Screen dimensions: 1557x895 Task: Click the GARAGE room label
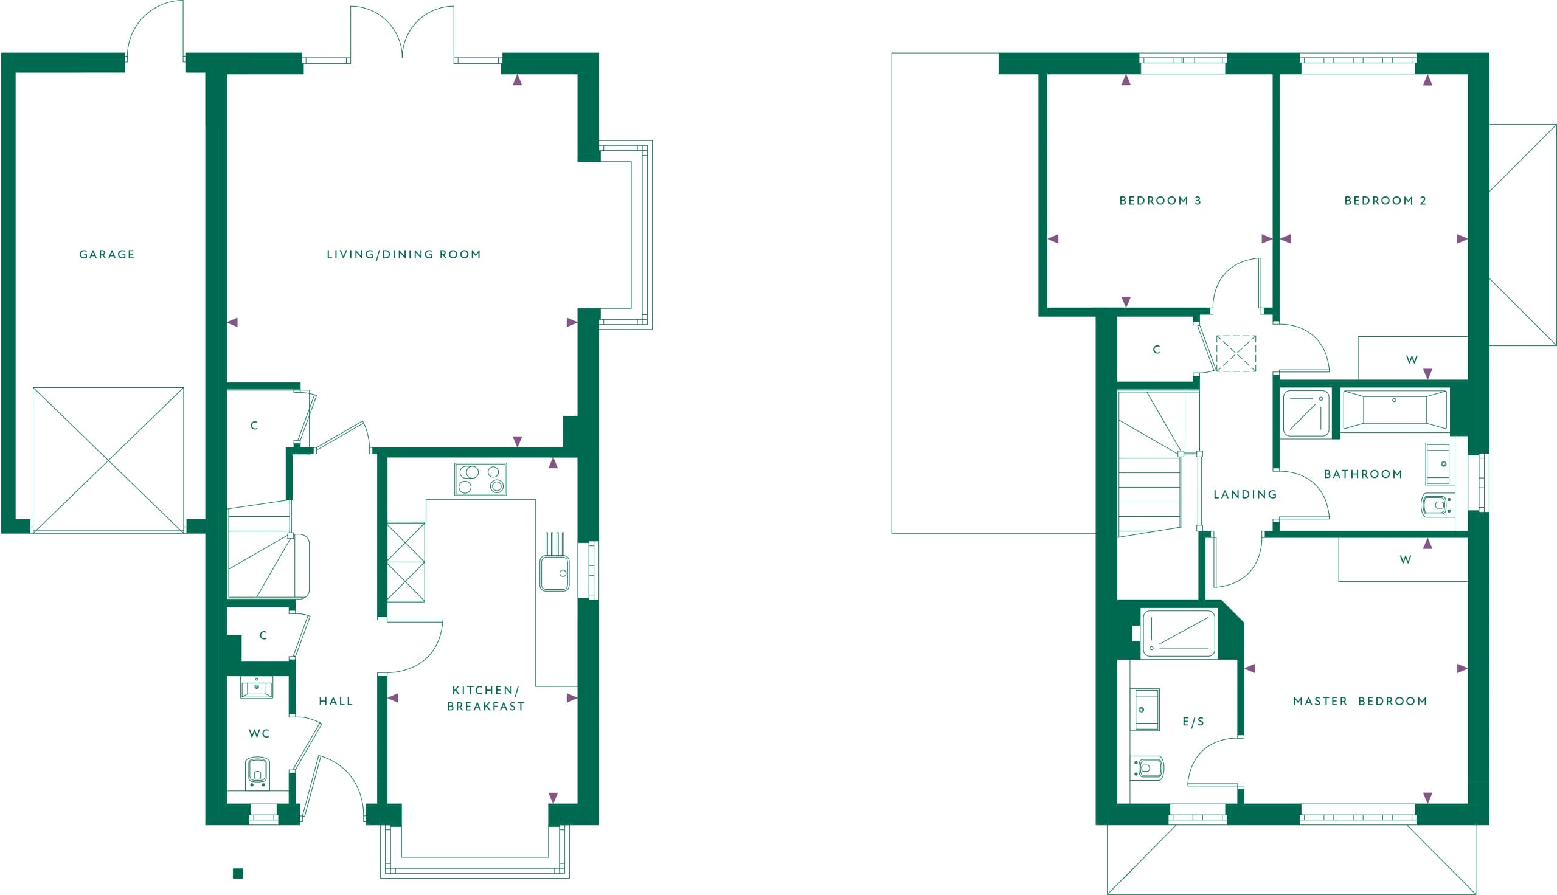pos(107,255)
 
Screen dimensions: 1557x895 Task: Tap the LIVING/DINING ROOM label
pos(404,255)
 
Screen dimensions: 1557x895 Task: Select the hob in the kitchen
pos(480,479)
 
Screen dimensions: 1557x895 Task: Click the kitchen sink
pos(555,573)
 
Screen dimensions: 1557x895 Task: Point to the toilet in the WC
pos(257,773)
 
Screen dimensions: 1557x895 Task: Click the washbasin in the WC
pos(256,688)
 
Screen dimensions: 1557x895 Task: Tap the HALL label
pos(336,702)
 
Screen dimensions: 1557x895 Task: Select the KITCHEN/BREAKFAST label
pos(485,698)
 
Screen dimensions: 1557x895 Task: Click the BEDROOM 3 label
pos(1160,201)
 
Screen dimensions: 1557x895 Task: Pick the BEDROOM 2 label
pos(1385,201)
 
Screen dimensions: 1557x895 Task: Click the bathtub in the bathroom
pos(1395,409)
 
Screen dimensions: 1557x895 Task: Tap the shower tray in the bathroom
pos(1306,413)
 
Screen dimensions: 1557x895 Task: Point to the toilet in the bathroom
pos(1435,505)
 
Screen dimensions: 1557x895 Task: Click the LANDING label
pos(1246,494)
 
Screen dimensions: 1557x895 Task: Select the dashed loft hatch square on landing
pos(1236,353)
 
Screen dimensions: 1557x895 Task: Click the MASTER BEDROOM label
pos(1361,702)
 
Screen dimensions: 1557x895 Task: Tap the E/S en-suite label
pos(1193,722)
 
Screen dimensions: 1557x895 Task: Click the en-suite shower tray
pos(1178,634)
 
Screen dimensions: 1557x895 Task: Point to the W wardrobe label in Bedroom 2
pos(1412,359)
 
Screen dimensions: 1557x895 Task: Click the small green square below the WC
pos(238,874)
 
